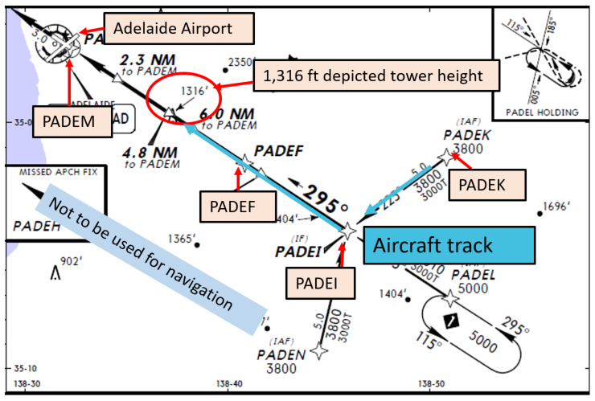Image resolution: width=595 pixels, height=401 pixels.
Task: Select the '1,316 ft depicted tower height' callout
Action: coord(377,77)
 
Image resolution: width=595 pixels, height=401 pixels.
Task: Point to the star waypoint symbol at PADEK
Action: coord(448,158)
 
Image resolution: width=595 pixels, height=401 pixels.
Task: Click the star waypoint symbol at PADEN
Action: coord(320,351)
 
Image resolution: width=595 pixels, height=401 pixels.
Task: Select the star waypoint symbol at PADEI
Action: coord(347,230)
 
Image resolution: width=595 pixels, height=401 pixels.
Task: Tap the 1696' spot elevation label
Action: coord(556,207)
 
